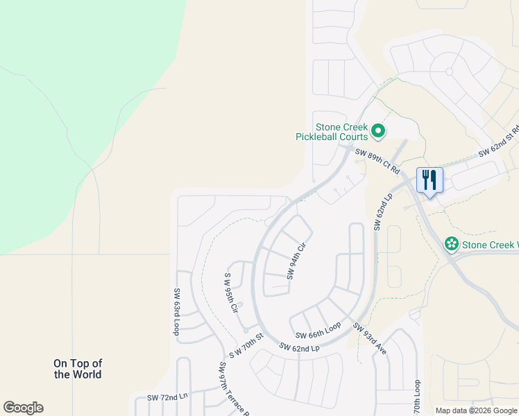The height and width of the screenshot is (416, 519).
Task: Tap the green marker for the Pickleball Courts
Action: coord(378,130)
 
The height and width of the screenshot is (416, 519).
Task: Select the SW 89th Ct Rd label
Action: coord(377,161)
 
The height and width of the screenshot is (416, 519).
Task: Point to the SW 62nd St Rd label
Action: coord(498,143)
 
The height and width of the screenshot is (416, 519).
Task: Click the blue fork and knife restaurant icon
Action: coord(429,180)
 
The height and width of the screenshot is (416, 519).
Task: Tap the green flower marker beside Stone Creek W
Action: coord(452,244)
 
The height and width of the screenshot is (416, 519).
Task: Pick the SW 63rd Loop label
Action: coord(177,312)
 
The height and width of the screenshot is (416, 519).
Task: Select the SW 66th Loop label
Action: coord(318,330)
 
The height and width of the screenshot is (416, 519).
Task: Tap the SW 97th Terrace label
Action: coord(234,388)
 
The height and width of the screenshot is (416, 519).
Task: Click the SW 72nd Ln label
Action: coord(167,398)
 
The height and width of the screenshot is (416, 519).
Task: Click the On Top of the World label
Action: coord(78,369)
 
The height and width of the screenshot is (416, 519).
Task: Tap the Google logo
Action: coord(23,408)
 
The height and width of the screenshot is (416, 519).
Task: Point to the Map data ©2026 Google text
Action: coord(475,410)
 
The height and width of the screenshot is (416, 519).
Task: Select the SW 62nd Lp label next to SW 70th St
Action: coord(299,347)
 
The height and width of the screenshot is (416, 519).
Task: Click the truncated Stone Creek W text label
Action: coord(490,245)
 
